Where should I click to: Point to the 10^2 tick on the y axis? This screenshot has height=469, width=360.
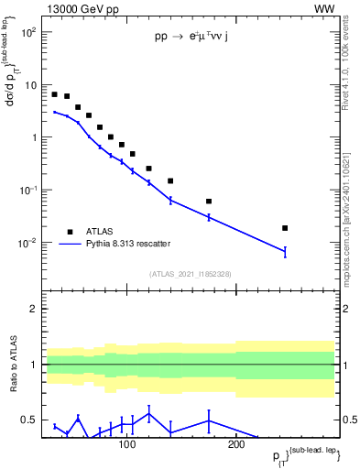click(x=27, y=32)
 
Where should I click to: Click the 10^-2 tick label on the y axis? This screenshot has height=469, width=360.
click(x=27, y=243)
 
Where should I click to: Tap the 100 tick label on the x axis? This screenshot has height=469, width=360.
click(x=126, y=445)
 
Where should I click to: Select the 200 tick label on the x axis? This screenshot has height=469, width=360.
click(x=235, y=445)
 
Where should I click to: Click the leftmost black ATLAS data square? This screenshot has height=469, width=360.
click(x=55, y=94)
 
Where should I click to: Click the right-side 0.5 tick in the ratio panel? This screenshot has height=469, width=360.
click(x=348, y=420)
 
